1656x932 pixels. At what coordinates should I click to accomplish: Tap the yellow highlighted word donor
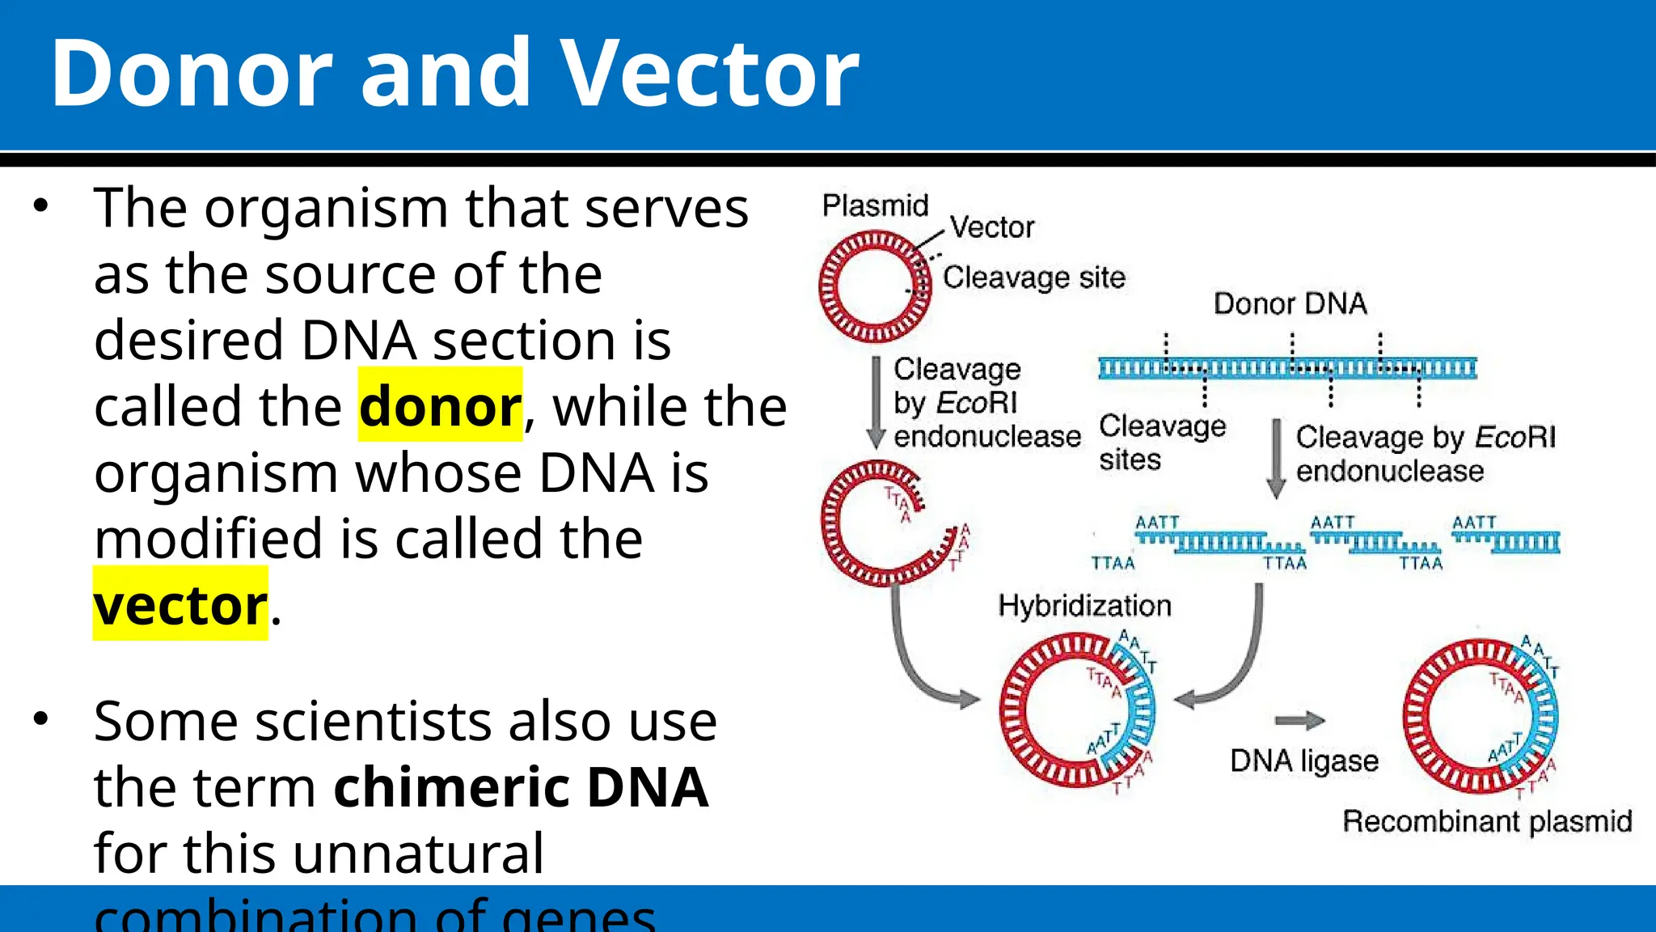[x=441, y=406]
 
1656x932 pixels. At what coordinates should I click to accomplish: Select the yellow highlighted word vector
[x=180, y=605]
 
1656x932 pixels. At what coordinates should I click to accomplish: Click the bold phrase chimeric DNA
[x=522, y=787]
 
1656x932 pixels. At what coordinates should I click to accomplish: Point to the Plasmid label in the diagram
[x=875, y=205]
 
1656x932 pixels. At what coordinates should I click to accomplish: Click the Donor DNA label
[x=1290, y=304]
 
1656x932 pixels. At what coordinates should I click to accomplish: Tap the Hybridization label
[x=1084, y=605]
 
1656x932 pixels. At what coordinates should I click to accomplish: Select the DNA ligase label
[x=1303, y=761]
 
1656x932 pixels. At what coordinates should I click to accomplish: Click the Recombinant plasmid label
[x=1486, y=821]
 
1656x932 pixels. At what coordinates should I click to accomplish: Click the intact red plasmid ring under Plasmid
[x=875, y=286]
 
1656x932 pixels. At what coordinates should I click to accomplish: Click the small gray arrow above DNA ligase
[x=1299, y=720]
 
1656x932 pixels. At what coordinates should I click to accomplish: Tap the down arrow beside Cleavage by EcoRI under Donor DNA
[x=1276, y=458]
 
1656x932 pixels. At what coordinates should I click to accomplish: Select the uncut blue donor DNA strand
[x=1287, y=369]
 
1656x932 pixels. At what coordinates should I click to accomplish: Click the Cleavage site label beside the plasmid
[x=1034, y=277]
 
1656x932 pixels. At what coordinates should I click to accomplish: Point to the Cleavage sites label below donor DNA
[x=1161, y=443]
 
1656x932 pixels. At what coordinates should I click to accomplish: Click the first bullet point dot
[x=41, y=205]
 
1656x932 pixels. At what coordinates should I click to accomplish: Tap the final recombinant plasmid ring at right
[x=1480, y=717]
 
